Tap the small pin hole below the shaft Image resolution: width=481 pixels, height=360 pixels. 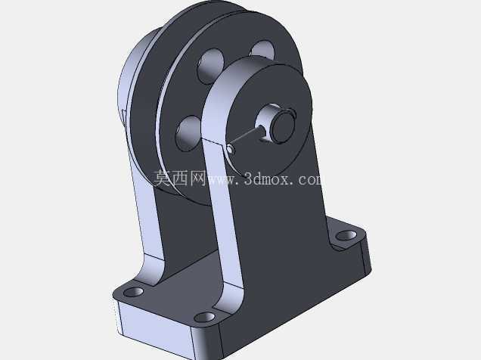231,149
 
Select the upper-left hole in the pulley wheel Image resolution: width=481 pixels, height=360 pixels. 211,66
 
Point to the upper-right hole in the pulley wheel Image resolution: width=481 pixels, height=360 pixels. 262,49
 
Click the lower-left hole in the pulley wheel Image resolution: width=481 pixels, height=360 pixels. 188,133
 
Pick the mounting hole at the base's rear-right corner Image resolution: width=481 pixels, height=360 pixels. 346,235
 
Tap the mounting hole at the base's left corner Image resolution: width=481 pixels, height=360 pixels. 133,292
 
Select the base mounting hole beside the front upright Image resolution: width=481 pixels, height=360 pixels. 205,317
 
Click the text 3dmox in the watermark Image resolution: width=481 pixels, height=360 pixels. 267,178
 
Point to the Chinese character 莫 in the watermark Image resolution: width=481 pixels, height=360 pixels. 163,178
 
